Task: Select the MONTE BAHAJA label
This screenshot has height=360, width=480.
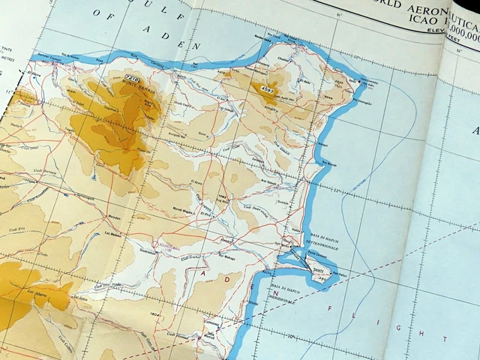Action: click(141, 87)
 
